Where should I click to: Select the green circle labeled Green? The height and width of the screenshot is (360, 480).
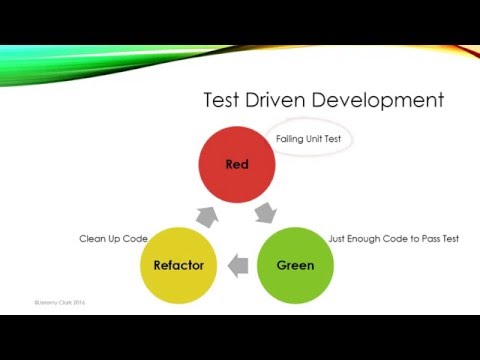point(295,265)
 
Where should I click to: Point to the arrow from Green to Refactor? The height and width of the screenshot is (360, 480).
point(238,266)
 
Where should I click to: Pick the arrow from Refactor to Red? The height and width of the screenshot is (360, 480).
point(206,213)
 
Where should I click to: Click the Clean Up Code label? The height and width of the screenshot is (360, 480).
point(113,239)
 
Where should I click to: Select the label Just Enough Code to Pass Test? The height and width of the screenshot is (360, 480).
point(394,239)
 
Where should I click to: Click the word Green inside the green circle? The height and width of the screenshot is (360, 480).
point(295,265)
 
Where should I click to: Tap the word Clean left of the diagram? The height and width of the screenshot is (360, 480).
point(93,239)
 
